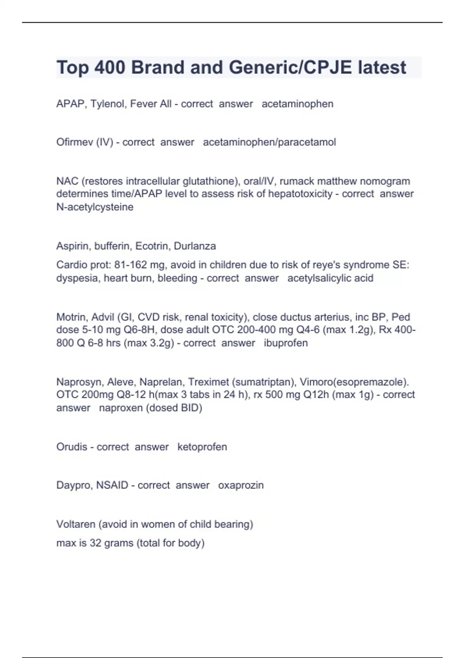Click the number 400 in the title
[x=110, y=68]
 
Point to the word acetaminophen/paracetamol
[x=269, y=142]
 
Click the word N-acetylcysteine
[x=95, y=207]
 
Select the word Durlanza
[x=195, y=246]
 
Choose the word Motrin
[x=71, y=317]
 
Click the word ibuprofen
[x=286, y=343]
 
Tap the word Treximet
[x=208, y=382]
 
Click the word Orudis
[x=72, y=447]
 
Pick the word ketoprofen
[x=202, y=447]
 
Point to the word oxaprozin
[x=241, y=485]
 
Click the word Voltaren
[x=76, y=524]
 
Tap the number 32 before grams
[x=95, y=543]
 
